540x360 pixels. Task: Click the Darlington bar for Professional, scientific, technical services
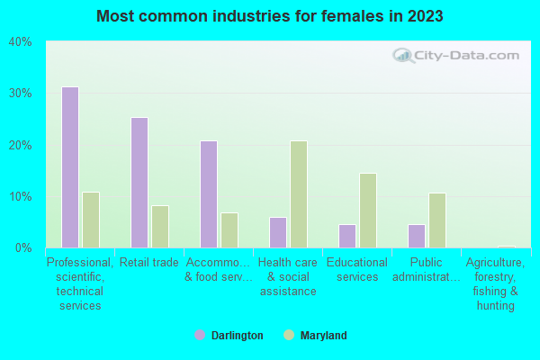coord(70,167)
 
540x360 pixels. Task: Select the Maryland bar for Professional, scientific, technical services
coord(91,220)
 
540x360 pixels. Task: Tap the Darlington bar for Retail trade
coord(139,183)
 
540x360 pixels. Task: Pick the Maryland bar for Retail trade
coord(160,227)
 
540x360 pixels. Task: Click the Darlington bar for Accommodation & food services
coord(209,194)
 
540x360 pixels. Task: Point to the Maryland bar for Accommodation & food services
coord(229,230)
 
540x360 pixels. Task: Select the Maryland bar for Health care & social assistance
coord(299,194)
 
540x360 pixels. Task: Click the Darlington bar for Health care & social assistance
coord(278,232)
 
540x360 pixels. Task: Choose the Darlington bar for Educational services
coord(347,236)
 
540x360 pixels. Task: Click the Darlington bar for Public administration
coord(417,236)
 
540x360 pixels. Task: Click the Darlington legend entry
coord(229,336)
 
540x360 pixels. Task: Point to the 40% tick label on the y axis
coord(20,42)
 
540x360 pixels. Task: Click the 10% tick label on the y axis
coord(20,196)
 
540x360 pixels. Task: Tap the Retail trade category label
coord(149,263)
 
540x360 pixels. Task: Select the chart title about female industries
coord(270,16)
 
